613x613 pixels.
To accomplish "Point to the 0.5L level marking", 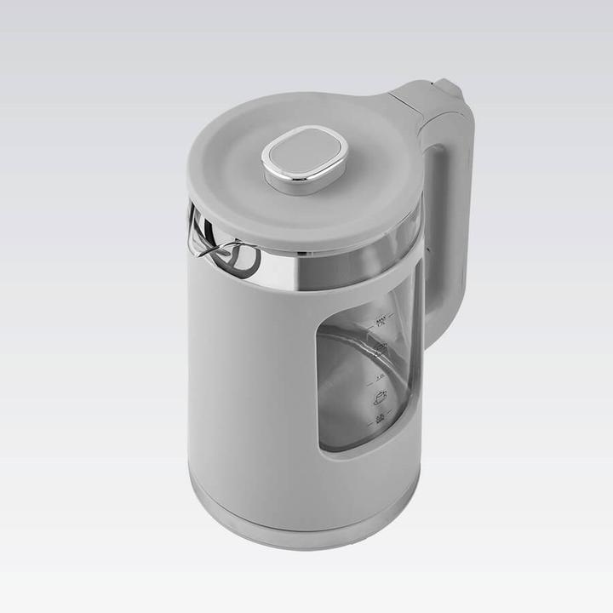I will [380, 419].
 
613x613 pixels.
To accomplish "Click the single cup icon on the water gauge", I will [380, 397].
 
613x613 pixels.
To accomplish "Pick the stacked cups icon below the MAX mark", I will [381, 347].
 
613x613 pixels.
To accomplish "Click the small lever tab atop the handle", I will [449, 88].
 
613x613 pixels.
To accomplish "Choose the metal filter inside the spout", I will [238, 257].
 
